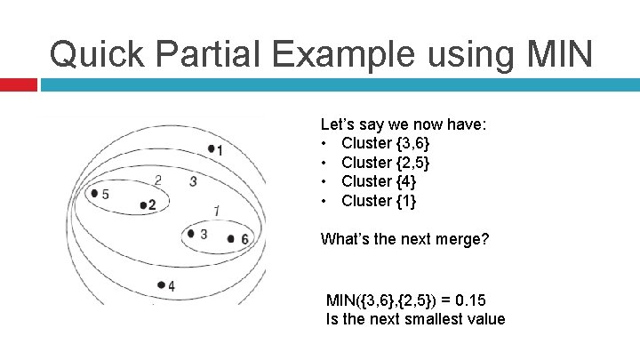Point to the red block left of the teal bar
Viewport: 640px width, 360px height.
point(19,84)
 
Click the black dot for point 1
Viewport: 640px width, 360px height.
point(211,148)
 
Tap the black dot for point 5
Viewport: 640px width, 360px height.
point(95,194)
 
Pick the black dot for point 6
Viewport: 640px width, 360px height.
point(231,238)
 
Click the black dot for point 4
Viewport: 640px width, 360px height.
point(161,284)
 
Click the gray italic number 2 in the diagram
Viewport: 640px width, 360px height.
point(157,180)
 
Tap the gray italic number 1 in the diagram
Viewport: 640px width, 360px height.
point(217,211)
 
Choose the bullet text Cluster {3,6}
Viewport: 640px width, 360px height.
point(379,143)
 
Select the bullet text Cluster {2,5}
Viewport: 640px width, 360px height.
point(379,163)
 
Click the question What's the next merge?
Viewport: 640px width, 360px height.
point(404,239)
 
